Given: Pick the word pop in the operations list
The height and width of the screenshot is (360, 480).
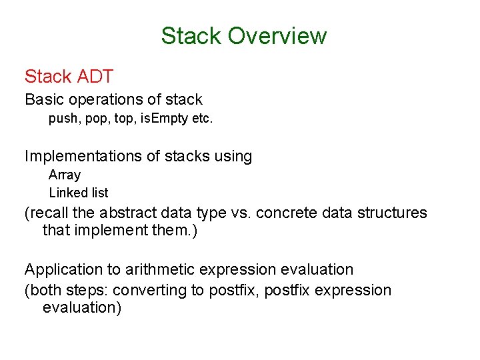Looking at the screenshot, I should [x=97, y=121].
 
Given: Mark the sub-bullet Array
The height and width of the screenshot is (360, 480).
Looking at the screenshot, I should [x=65, y=175].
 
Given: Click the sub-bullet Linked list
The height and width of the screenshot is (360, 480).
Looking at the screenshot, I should [x=79, y=193].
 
